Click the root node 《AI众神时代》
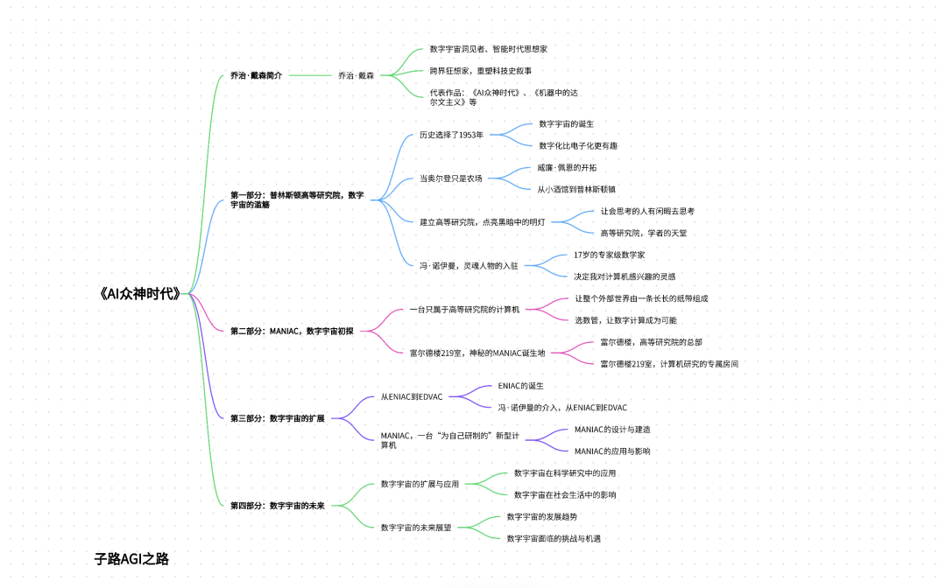tap(140, 294)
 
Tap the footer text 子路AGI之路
tap(131, 559)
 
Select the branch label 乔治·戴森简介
tap(256, 76)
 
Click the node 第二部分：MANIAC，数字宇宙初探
tap(292, 331)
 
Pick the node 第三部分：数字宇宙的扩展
tap(277, 418)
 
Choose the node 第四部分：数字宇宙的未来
tap(277, 505)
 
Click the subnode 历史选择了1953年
tap(451, 135)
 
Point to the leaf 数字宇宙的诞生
tap(566, 124)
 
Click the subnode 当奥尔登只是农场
tap(450, 178)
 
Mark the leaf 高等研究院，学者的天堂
tap(643, 233)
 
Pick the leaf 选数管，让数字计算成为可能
tap(625, 320)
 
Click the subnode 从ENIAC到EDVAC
tap(412, 396)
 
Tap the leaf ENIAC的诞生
tap(521, 385)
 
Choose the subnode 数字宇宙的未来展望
tap(416, 527)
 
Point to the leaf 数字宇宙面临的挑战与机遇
tap(554, 538)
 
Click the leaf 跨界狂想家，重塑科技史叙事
tap(480, 71)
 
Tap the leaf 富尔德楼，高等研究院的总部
tap(651, 342)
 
